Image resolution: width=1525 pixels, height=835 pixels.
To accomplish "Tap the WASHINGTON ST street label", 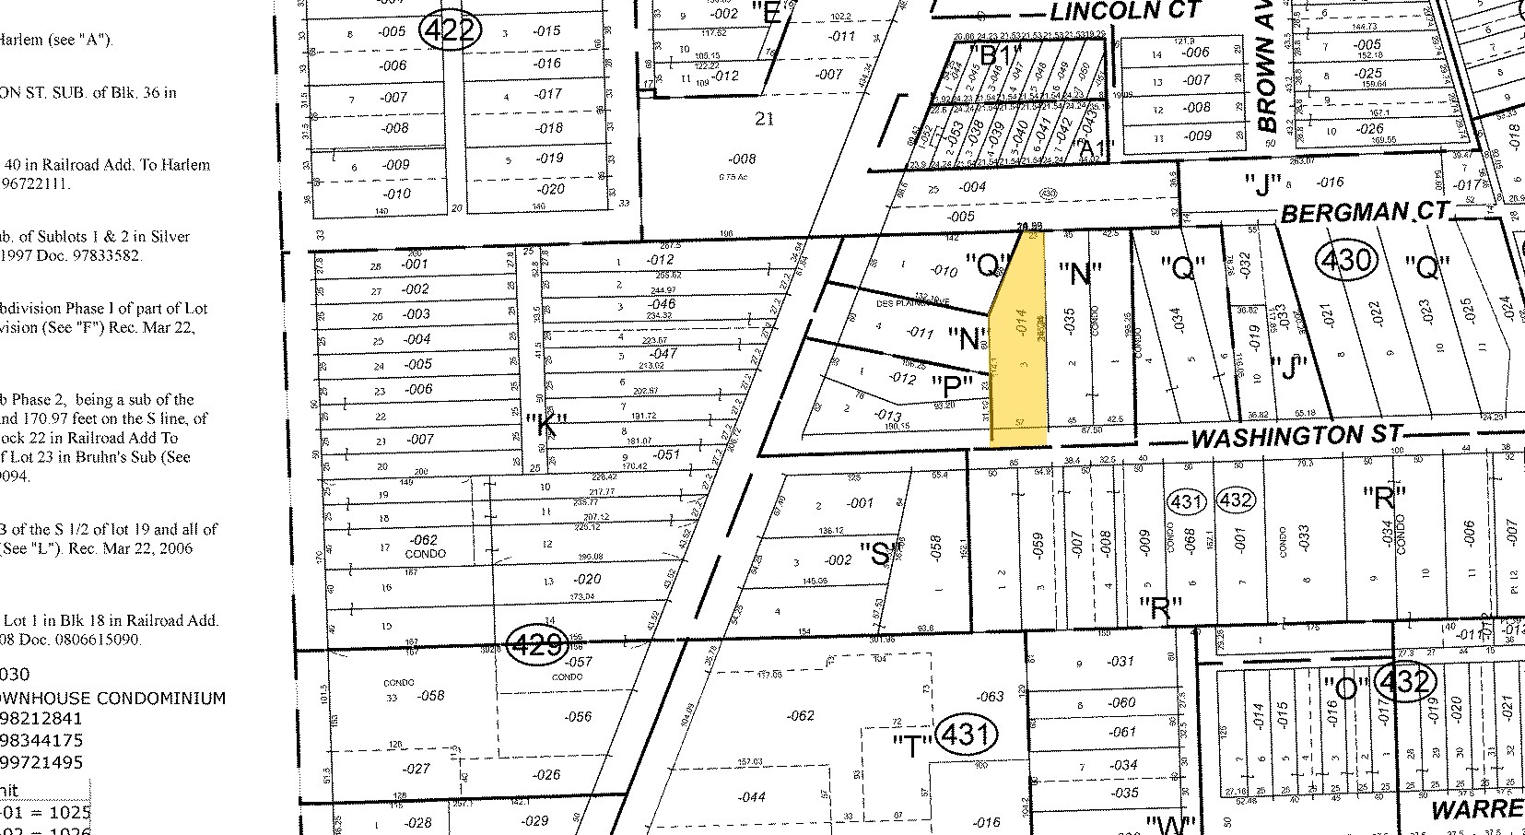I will click(x=1296, y=436).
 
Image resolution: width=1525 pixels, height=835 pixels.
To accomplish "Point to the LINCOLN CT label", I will click(x=1126, y=11).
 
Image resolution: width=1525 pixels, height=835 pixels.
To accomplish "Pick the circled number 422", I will click(x=451, y=31).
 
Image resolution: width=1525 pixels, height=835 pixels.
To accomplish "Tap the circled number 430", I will click(x=1347, y=261).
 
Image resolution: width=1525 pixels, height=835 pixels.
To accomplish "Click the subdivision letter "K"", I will click(x=545, y=424).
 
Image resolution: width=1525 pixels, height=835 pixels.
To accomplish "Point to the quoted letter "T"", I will click(x=910, y=745).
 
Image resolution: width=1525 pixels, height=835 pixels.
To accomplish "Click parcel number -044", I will click(x=752, y=796).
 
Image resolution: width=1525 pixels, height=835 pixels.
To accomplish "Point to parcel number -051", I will click(x=665, y=454).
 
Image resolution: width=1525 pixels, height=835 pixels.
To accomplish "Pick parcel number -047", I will click(x=663, y=353).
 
